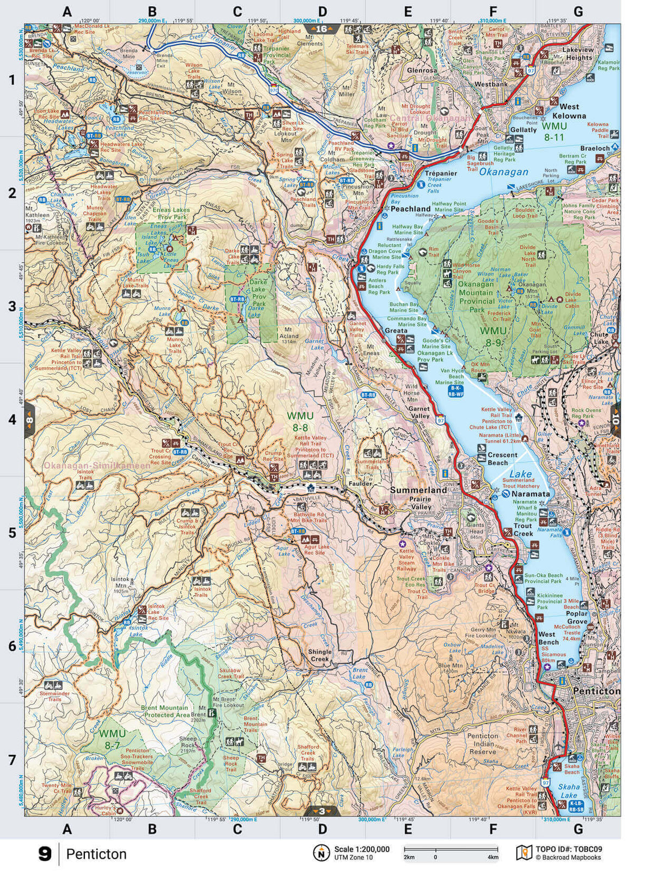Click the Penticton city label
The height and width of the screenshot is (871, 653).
click(x=596, y=691)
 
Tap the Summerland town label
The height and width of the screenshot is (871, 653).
click(x=418, y=490)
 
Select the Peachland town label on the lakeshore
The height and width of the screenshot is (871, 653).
click(x=410, y=209)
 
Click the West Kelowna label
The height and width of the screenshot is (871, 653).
click(x=569, y=111)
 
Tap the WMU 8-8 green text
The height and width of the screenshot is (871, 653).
click(x=300, y=422)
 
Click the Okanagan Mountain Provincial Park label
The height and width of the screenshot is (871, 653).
click(x=477, y=296)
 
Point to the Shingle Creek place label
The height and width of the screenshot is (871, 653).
click(x=319, y=655)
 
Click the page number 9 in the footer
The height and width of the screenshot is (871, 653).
click(x=45, y=854)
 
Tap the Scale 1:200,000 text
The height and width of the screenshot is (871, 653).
click(x=361, y=849)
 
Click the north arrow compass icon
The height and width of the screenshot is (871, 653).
click(x=322, y=852)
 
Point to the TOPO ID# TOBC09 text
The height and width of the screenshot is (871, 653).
click(x=569, y=849)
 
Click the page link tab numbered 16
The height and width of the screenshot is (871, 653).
click(x=322, y=29)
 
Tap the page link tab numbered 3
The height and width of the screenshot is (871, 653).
click(x=322, y=811)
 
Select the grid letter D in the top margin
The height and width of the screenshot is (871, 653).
click(x=322, y=11)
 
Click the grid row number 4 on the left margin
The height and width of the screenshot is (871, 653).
click(x=12, y=419)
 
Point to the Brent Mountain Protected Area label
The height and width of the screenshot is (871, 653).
click(x=165, y=711)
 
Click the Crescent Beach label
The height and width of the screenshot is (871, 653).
click(x=502, y=459)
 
